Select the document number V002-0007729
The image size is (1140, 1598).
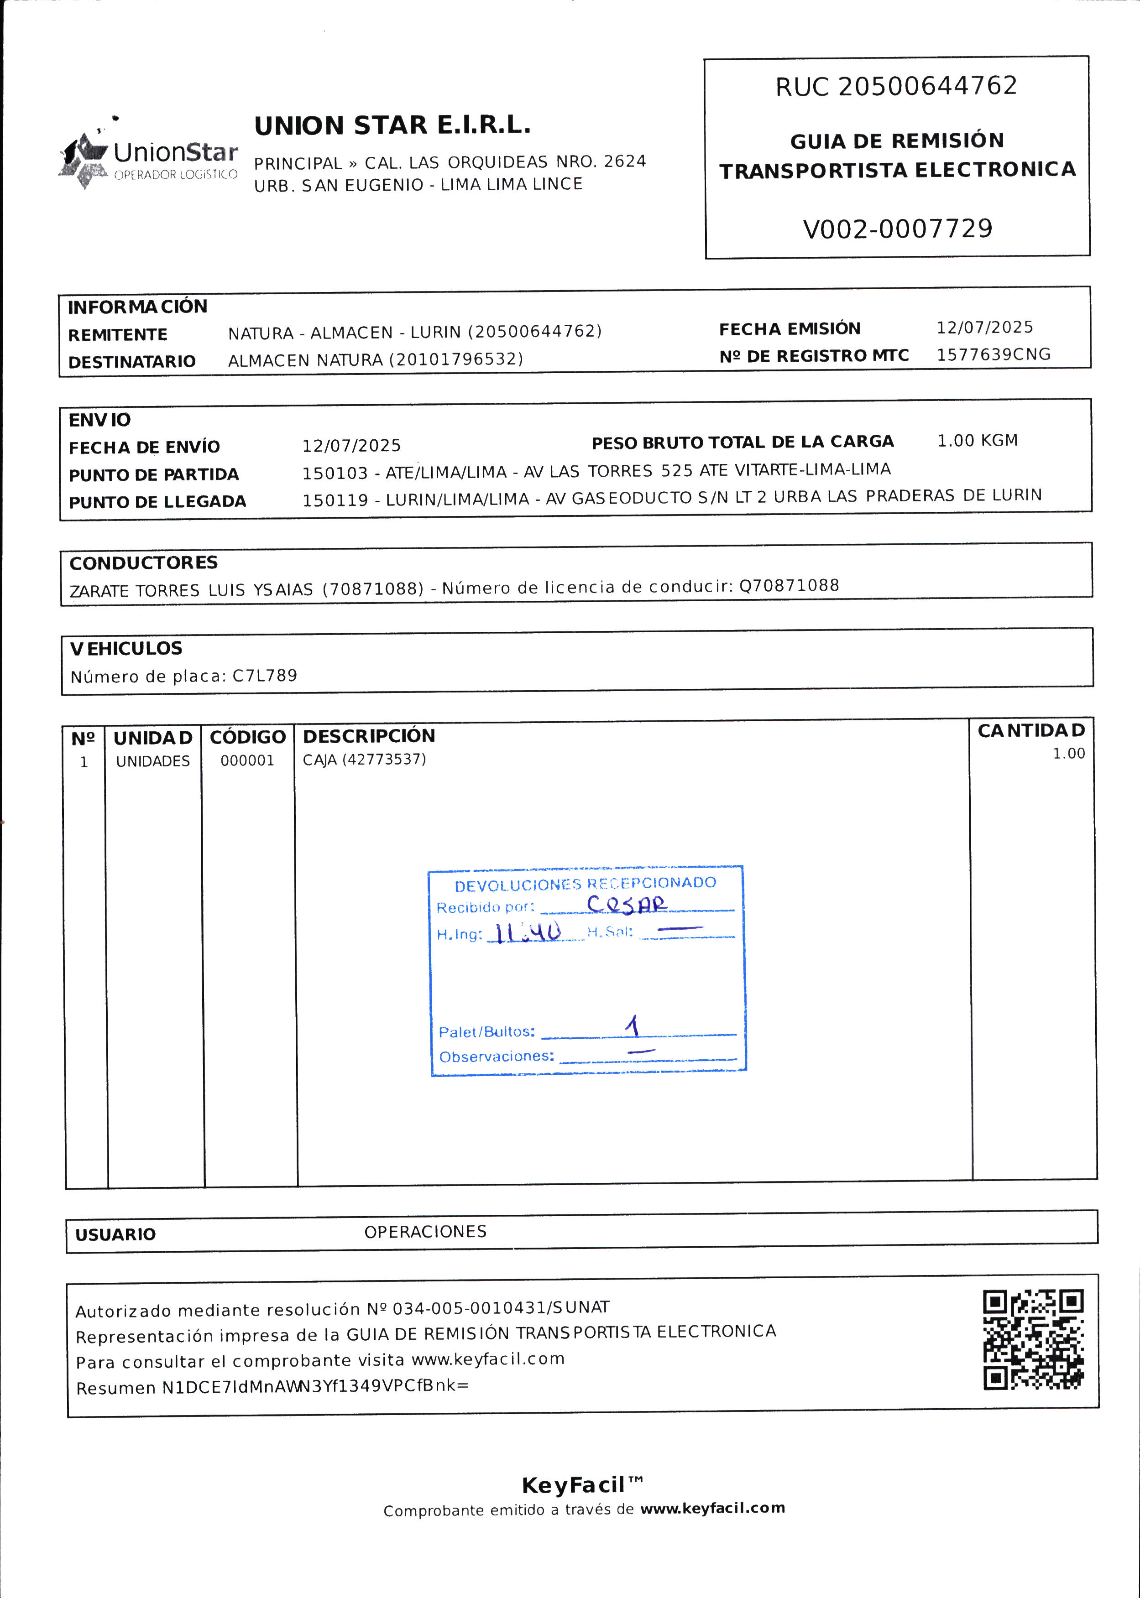tap(897, 229)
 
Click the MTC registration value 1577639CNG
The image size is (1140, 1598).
tap(994, 354)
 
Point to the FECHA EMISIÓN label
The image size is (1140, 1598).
tap(789, 329)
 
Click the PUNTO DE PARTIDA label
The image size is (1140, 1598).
tap(154, 475)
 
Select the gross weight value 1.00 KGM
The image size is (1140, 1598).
tap(977, 441)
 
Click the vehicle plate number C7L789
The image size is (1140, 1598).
tap(265, 676)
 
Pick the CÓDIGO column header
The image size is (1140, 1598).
tap(248, 737)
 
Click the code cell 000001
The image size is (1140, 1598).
tap(247, 760)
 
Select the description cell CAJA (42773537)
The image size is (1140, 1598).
tap(364, 760)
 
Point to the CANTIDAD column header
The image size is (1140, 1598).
tap(1030, 731)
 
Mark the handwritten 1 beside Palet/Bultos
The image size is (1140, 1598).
tap(633, 1026)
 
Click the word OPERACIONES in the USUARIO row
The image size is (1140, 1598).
tap(425, 1232)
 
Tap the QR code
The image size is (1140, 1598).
tap(1033, 1340)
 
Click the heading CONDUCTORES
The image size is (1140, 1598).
tap(144, 562)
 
